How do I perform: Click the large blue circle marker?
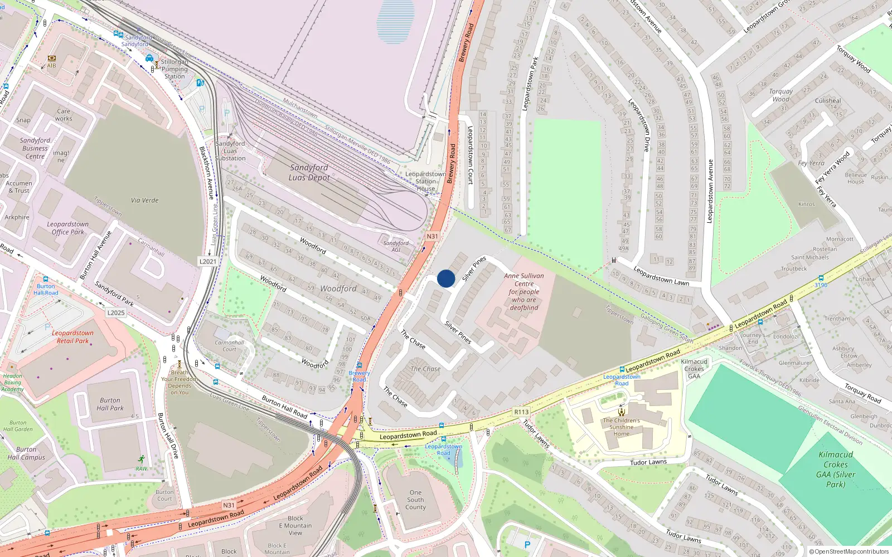click(446, 278)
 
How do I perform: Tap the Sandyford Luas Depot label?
click(309, 172)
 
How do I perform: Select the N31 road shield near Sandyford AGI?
click(432, 236)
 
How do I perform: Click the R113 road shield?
click(521, 412)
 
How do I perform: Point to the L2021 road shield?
click(208, 261)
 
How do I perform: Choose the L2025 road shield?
click(116, 313)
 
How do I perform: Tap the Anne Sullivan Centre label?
click(524, 291)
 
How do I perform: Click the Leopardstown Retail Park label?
click(72, 337)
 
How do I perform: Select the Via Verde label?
click(145, 201)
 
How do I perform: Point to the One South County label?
click(415, 500)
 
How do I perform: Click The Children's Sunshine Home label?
click(621, 427)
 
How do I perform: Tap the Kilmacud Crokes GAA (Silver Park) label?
click(835, 470)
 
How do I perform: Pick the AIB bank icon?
click(52, 58)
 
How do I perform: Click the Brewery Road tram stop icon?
click(360, 366)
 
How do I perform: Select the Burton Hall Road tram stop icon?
click(45, 279)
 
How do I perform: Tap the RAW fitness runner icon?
click(142, 460)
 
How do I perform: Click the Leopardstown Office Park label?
click(68, 228)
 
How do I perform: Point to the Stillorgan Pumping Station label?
click(174, 69)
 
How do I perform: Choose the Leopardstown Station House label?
click(425, 181)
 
